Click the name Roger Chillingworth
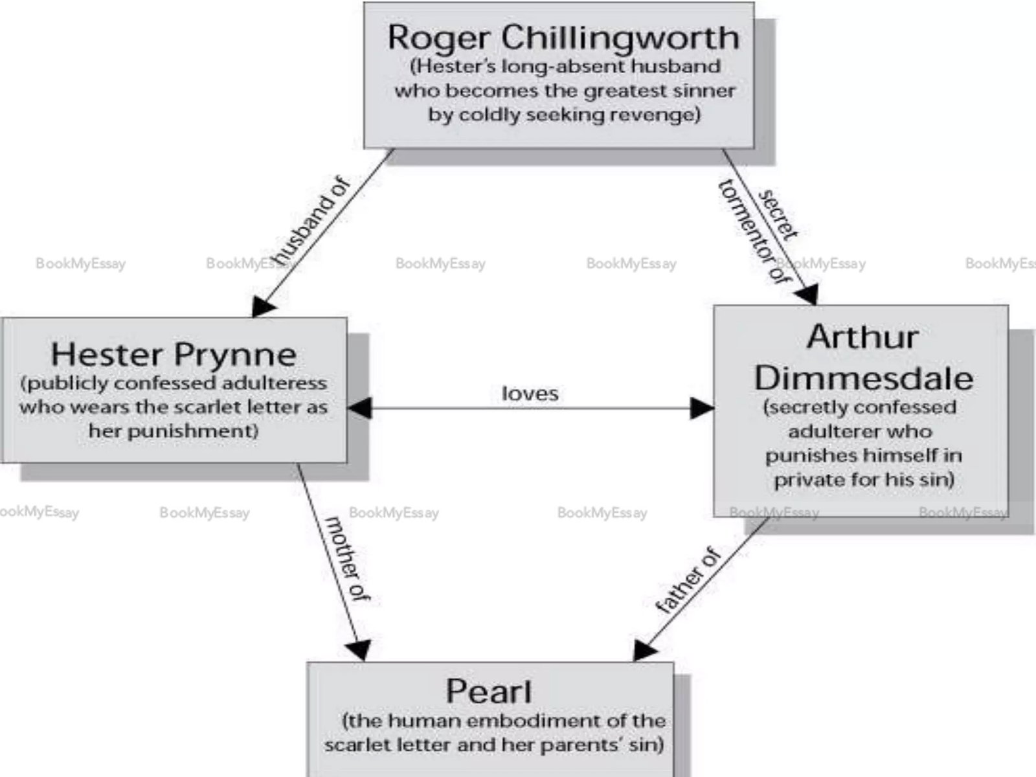(x=563, y=37)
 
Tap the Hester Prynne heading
(x=174, y=354)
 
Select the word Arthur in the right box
(x=862, y=337)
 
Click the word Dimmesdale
(x=863, y=378)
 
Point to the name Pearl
(x=489, y=691)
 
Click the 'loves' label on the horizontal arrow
(x=530, y=394)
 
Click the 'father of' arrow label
(x=688, y=580)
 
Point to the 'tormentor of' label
(x=755, y=232)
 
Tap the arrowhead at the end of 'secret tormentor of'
(x=807, y=295)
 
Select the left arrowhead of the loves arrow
(x=359, y=408)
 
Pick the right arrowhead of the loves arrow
(x=703, y=408)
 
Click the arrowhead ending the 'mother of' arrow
(x=359, y=649)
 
